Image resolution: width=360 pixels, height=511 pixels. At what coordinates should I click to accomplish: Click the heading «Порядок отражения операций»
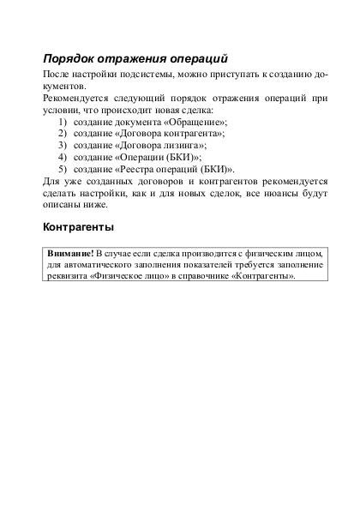tap(135, 59)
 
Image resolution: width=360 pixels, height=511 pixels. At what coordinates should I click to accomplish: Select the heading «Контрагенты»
tap(78, 228)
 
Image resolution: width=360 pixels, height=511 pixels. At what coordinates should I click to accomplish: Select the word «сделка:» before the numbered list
tap(194, 111)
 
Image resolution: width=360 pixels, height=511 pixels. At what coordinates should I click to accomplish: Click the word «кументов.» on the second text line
tap(64, 87)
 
